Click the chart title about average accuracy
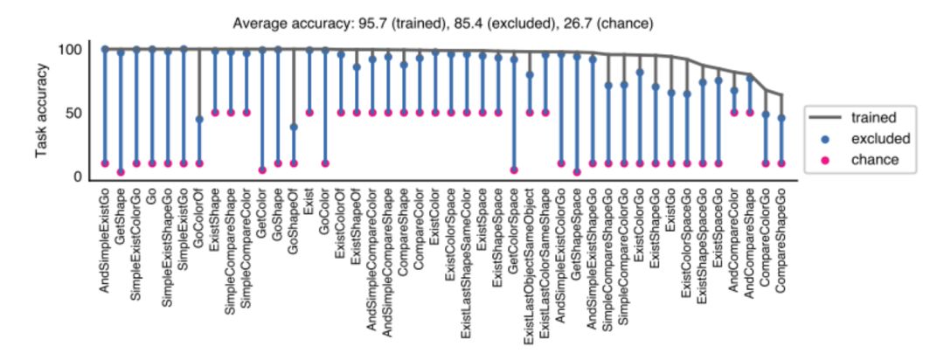[x=443, y=21]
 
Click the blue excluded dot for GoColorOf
[x=199, y=119]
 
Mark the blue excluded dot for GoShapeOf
[x=294, y=127]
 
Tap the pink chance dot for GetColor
[x=262, y=170]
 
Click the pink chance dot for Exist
[x=309, y=112]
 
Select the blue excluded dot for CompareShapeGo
[x=781, y=118]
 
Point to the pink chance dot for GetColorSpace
[x=514, y=170]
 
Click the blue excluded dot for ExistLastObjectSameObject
[x=530, y=75]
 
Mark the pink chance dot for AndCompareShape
[x=750, y=112]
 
